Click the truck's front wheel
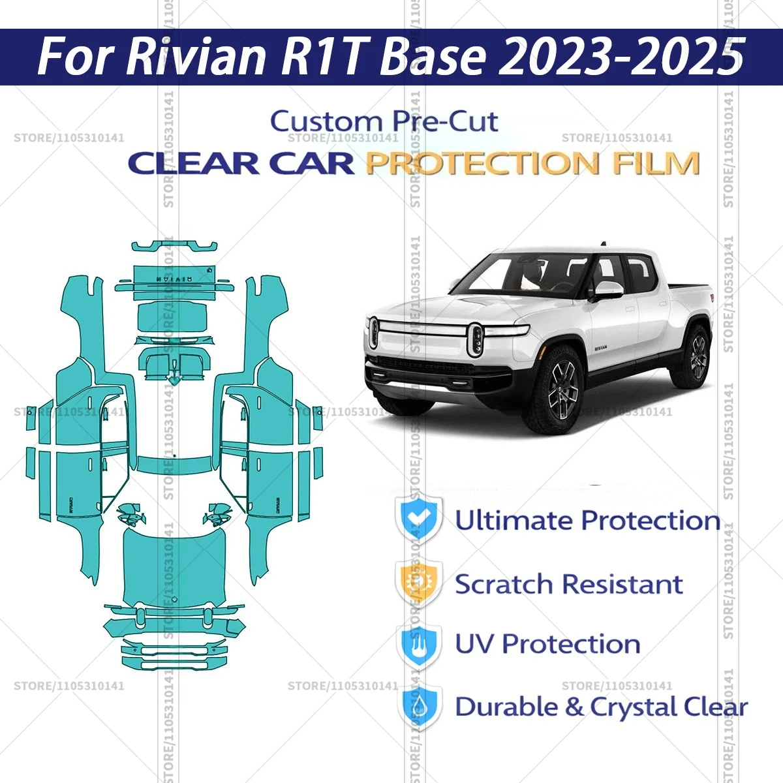tap(560, 392)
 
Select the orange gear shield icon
tap(418, 582)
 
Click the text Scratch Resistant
tap(568, 584)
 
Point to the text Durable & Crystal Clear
tap(600, 707)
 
